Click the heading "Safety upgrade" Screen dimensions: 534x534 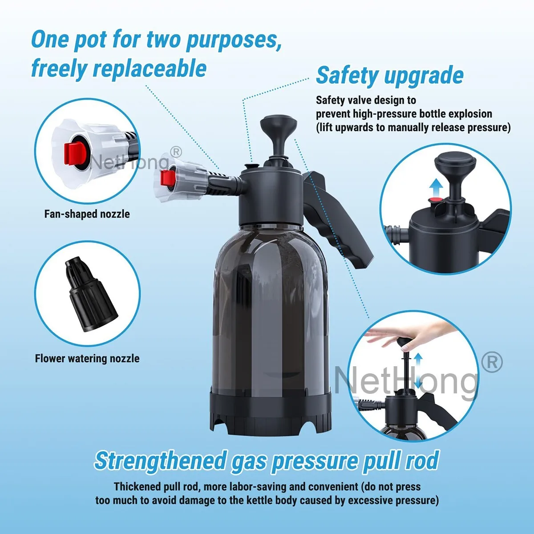point(390,75)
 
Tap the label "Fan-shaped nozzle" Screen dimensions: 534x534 point(87,214)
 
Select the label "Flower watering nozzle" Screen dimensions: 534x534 point(87,359)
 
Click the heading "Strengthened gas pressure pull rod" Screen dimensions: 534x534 point(267,461)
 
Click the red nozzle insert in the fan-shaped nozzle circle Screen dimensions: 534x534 point(73,154)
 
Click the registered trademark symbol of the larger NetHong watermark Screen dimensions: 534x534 point(492,363)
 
